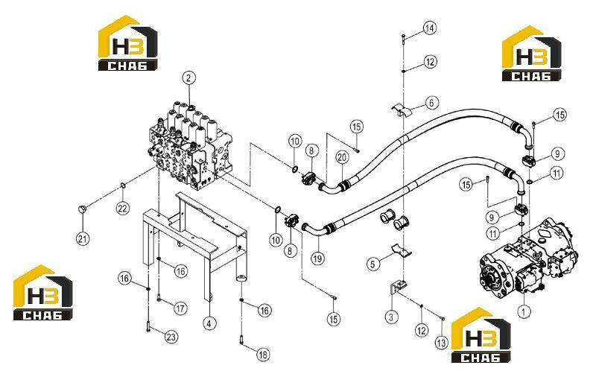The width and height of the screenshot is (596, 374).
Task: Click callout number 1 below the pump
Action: click(x=524, y=312)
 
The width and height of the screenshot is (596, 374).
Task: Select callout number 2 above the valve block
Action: click(x=189, y=78)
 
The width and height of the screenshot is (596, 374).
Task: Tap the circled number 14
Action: click(x=430, y=28)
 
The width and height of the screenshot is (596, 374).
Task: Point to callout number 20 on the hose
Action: click(x=342, y=156)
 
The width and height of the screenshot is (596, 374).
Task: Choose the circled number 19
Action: click(x=318, y=259)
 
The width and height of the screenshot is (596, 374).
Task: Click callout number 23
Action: click(x=171, y=337)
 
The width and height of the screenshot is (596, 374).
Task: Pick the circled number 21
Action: click(x=83, y=238)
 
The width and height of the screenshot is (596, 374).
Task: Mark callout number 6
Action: click(x=431, y=103)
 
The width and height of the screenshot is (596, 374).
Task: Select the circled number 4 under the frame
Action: click(x=209, y=323)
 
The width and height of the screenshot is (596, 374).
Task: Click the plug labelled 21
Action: click(x=83, y=209)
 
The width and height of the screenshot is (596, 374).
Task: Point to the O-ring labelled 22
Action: click(x=123, y=186)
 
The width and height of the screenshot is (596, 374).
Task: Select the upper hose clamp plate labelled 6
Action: click(x=402, y=110)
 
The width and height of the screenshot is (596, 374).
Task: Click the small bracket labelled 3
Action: click(x=397, y=288)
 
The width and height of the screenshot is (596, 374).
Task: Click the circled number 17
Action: click(x=181, y=308)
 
